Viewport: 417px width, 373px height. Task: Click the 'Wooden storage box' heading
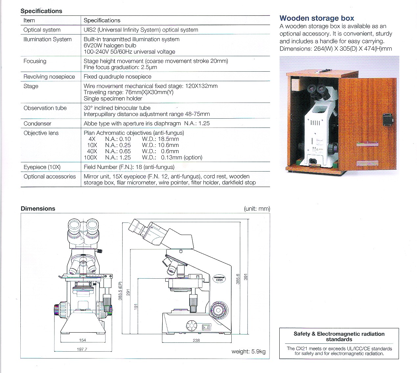point(316,18)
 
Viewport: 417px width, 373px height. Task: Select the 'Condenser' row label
point(37,124)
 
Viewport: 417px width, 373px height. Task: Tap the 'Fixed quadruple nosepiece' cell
point(117,77)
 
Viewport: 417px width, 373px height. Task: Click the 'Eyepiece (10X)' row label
point(42,167)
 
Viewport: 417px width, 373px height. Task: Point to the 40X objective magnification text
point(92,151)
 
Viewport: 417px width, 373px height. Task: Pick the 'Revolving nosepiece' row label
point(49,77)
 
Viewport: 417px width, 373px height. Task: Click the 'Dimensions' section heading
point(38,209)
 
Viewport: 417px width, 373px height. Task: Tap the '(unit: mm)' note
point(257,209)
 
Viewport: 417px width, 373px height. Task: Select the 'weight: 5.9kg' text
point(248,352)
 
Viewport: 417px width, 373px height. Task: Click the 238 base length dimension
point(196,340)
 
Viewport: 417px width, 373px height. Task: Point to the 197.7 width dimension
point(82,349)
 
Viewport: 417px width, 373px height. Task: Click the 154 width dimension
point(82,340)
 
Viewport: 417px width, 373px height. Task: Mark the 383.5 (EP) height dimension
point(120,291)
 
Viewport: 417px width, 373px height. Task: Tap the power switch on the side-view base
point(206,327)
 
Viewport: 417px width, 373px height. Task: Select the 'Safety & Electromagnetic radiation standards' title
point(339,337)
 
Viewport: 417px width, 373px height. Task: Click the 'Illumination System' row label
point(47,39)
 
